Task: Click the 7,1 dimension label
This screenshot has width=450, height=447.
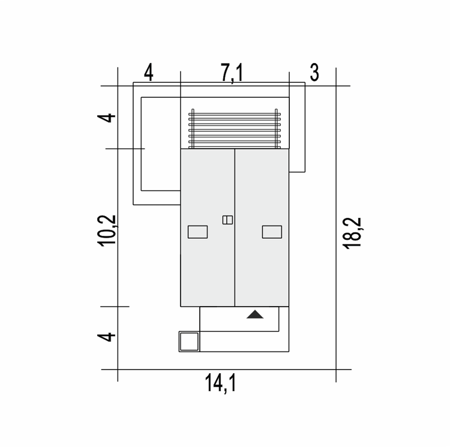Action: click(x=232, y=73)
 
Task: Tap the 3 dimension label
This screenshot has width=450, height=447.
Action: click(x=314, y=73)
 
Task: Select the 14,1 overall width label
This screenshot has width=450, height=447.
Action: click(x=220, y=383)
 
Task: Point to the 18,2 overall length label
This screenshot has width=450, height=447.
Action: click(x=353, y=233)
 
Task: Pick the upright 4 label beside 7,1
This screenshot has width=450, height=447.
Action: click(x=149, y=73)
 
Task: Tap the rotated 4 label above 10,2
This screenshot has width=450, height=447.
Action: click(x=106, y=118)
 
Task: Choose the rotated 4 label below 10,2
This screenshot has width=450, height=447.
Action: click(x=106, y=337)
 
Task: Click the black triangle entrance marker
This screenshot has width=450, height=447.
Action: click(x=255, y=314)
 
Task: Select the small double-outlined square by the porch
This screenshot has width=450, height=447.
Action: click(x=189, y=341)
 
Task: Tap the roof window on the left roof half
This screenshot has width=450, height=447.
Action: click(x=198, y=232)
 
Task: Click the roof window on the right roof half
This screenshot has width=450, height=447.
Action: click(x=272, y=232)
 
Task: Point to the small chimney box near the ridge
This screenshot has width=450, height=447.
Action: click(x=227, y=220)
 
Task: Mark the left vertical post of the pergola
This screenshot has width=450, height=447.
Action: click(x=193, y=128)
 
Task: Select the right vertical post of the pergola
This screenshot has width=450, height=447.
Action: click(x=276, y=128)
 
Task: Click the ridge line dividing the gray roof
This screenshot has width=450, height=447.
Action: click(x=235, y=227)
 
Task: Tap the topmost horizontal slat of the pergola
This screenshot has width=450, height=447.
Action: click(x=235, y=114)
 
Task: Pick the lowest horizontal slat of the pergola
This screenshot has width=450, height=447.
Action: click(x=235, y=147)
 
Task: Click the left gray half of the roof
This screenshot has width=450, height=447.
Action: click(x=208, y=227)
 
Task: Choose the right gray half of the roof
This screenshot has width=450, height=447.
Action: click(x=262, y=227)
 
